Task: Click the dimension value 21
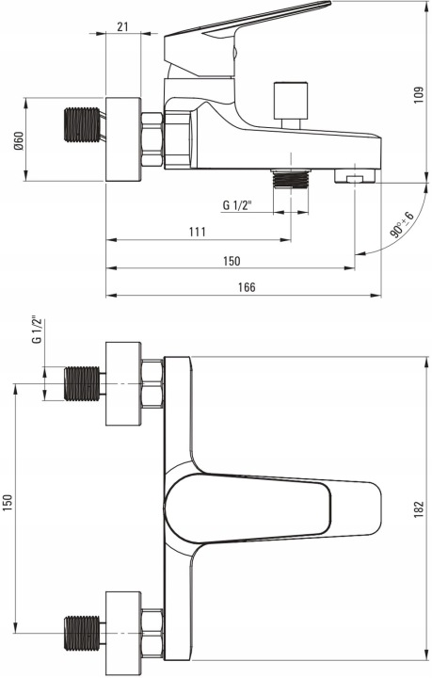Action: point(122,26)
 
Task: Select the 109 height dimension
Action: point(419,95)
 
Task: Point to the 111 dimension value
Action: point(198,232)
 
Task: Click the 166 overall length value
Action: point(247,287)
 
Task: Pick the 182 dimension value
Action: point(419,510)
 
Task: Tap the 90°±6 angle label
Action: point(402,225)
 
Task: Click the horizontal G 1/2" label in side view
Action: point(237,205)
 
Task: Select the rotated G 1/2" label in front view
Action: point(38,331)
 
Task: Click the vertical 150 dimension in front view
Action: point(8,503)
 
